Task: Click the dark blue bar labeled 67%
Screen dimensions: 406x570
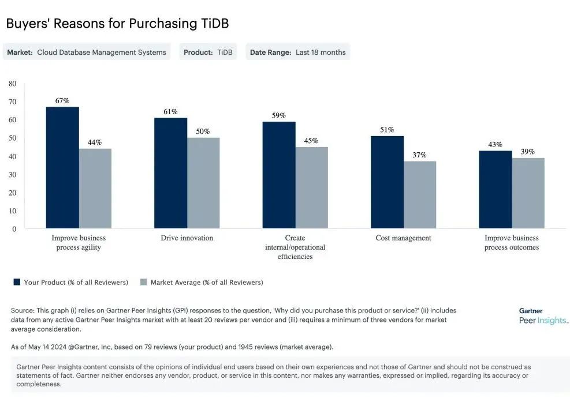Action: point(62,167)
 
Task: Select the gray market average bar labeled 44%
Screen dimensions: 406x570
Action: point(95,188)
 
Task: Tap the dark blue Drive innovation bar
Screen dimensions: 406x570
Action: point(170,173)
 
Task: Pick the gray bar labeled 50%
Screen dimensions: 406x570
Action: point(203,183)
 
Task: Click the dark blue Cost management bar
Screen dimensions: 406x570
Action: point(387,182)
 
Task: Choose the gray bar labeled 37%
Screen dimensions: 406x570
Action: point(419,194)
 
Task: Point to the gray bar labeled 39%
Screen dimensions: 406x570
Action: point(528,193)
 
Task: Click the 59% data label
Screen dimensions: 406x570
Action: point(278,115)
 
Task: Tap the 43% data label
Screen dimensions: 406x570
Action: point(495,144)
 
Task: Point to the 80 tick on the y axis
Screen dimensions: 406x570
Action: point(13,84)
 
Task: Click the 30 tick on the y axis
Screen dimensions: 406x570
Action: point(13,174)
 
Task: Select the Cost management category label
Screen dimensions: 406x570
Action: point(403,238)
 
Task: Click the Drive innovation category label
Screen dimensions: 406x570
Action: point(187,238)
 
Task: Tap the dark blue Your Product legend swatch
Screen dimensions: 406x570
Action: point(17,282)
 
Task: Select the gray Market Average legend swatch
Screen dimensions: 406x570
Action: point(143,282)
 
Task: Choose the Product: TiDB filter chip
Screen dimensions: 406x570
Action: point(208,52)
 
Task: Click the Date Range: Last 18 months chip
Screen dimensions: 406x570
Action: point(297,52)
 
